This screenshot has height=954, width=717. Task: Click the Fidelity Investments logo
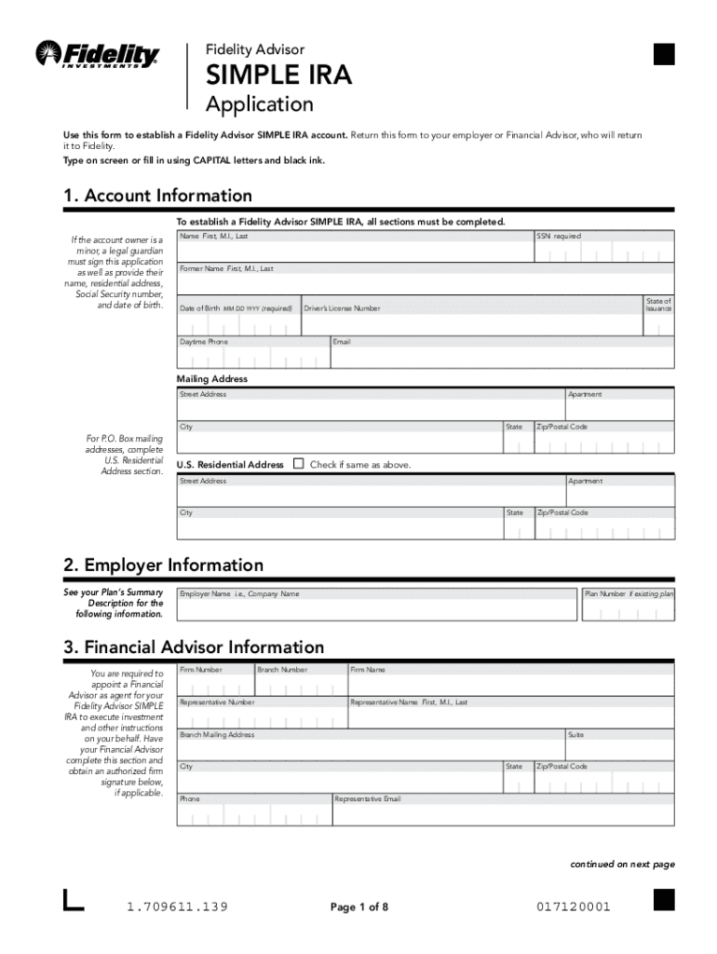[x=97, y=55]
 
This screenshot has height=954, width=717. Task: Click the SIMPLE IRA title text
[x=278, y=75]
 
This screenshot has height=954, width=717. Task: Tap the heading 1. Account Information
[x=157, y=196]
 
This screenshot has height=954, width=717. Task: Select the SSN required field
[x=602, y=252]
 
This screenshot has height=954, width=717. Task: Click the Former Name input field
[x=426, y=282]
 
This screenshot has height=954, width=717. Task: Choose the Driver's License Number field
[x=471, y=320]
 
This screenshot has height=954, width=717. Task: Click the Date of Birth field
[x=237, y=323]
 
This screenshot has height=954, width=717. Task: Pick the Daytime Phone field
[x=252, y=357]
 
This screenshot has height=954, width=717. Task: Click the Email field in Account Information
[x=502, y=357]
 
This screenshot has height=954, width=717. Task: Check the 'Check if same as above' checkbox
[x=298, y=464]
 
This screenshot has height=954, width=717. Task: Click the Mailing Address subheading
[x=212, y=379]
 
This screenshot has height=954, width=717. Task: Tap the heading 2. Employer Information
[x=163, y=566]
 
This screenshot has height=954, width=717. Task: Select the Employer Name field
[x=376, y=609]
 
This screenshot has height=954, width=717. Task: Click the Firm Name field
[x=510, y=685]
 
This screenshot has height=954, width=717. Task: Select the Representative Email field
[x=503, y=814]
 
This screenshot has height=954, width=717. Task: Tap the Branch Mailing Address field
[x=370, y=749]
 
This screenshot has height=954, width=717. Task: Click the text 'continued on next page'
[x=622, y=865]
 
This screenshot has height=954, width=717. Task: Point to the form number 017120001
[x=574, y=906]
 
